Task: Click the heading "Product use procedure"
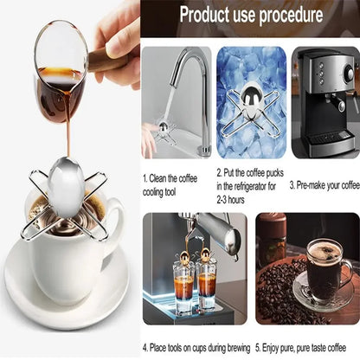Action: click(x=251, y=16)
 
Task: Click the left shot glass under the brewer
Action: click(x=183, y=294)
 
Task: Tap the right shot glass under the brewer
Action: click(x=208, y=294)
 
